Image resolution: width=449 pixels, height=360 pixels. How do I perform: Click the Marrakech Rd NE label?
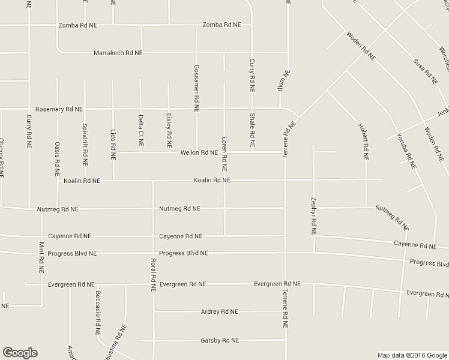point(118,53)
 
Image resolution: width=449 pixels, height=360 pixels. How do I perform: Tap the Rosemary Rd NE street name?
point(59,109)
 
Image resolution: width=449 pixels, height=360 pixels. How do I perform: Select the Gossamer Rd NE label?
point(196,88)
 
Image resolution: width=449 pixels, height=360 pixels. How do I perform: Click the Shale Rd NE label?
point(252,130)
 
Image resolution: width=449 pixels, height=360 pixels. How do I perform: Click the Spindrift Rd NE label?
point(85,144)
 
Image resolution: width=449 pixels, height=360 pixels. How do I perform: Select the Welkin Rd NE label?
point(199,152)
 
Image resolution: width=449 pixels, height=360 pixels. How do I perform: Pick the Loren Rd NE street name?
point(224,151)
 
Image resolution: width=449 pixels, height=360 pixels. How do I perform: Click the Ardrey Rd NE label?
point(220,311)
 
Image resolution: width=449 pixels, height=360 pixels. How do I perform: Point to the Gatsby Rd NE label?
point(220,340)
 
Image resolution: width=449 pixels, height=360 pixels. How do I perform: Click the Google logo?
point(20,352)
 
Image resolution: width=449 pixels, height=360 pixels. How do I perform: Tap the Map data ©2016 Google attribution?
point(412,355)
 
